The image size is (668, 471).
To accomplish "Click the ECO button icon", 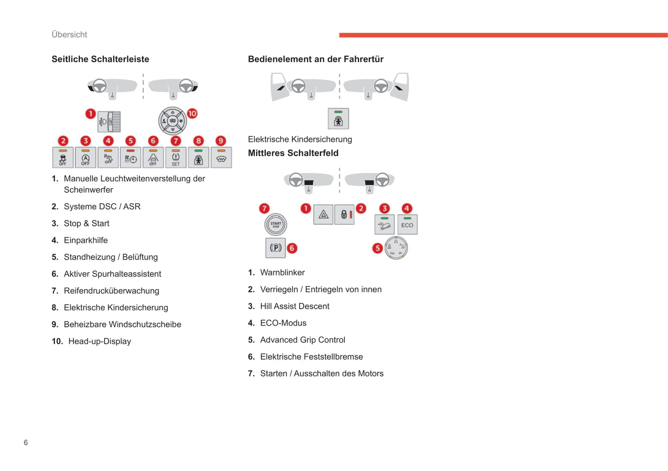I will click(x=407, y=225).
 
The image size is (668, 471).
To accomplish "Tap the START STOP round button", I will click(x=276, y=225).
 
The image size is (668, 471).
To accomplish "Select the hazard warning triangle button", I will click(x=323, y=214).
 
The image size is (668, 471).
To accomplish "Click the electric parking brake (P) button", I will click(x=276, y=248).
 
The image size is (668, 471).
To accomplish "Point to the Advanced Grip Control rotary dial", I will click(x=396, y=248).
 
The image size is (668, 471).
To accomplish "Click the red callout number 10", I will click(x=192, y=113).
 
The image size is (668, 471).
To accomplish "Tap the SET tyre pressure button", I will click(x=176, y=158).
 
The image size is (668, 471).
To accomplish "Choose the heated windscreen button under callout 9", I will click(x=221, y=158).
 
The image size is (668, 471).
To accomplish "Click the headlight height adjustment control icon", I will click(x=110, y=122).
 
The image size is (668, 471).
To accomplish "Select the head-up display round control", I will click(x=172, y=121).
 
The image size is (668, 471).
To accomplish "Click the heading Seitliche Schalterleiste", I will click(x=100, y=59).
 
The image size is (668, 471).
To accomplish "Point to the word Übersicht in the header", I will click(x=69, y=35).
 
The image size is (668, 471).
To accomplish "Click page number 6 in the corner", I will click(x=26, y=442).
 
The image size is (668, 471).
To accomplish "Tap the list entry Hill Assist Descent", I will click(x=294, y=306).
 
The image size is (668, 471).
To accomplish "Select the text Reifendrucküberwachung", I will click(x=111, y=291).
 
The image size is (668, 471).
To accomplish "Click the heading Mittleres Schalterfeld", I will click(x=293, y=153).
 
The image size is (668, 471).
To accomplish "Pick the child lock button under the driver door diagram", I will click(x=338, y=119).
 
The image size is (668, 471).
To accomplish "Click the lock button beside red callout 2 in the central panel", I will click(x=344, y=214).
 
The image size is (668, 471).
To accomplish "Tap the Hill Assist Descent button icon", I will click(x=384, y=225).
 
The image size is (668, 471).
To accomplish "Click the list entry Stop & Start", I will click(x=86, y=223).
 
